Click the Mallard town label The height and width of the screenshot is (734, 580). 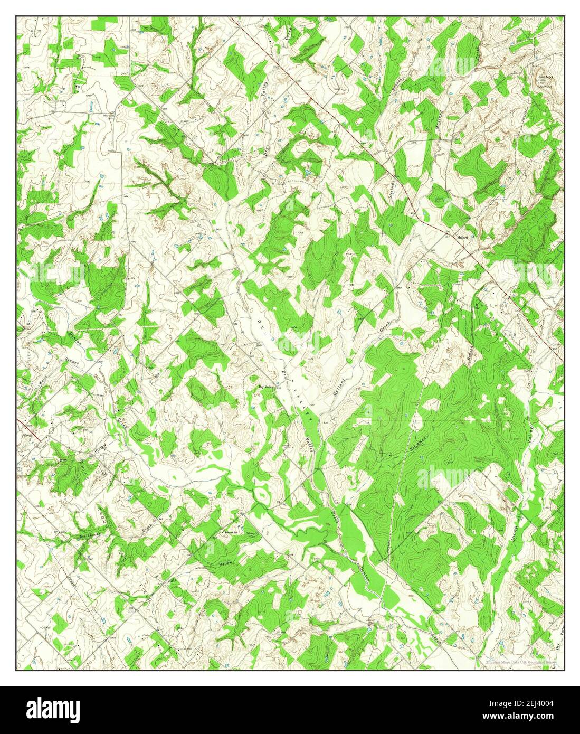pyautogui.click(x=462, y=238)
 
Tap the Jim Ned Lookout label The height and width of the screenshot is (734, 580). pyautogui.click(x=545, y=80)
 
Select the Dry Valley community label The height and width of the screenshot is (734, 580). pyautogui.click(x=265, y=387)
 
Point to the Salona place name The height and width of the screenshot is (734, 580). pyautogui.click(x=27, y=436)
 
